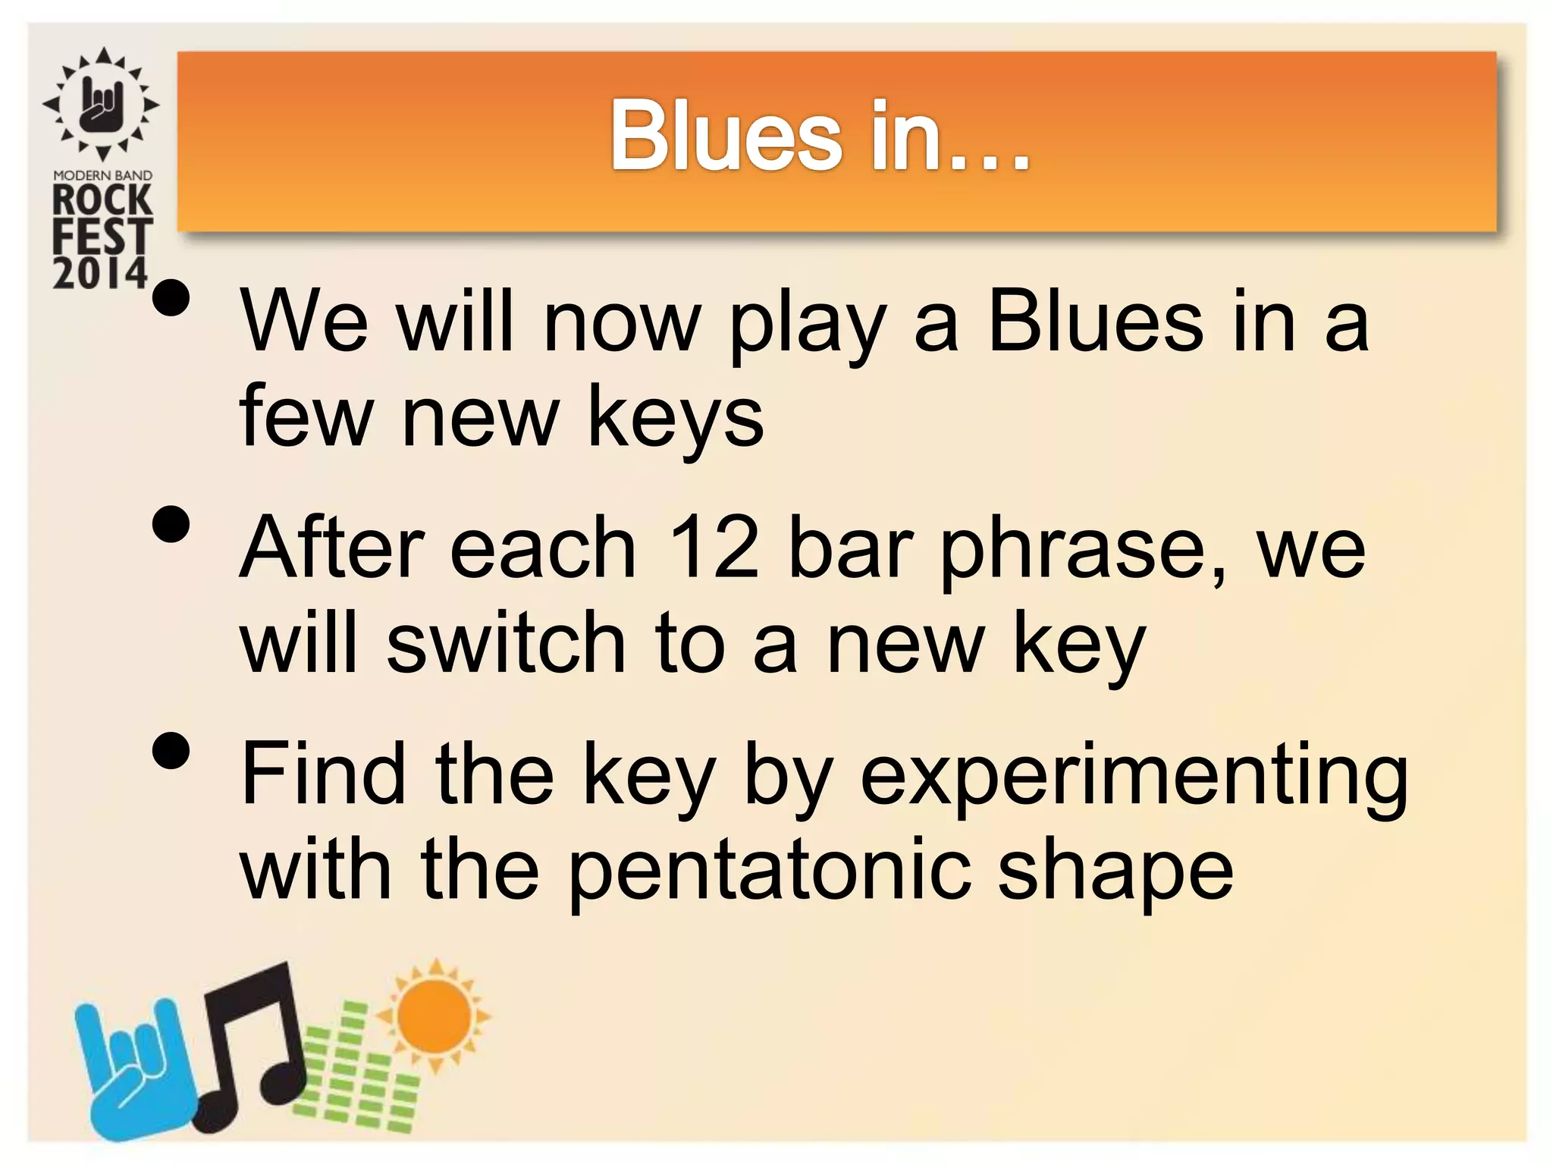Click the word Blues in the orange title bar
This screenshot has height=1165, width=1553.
pos(726,137)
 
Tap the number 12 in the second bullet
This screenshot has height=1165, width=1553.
pos(714,548)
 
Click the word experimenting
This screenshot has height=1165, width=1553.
pos(1134,777)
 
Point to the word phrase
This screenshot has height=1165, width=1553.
pos(1081,551)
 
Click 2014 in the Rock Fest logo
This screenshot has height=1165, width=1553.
pos(100,273)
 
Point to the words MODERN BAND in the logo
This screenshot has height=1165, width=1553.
pos(102,176)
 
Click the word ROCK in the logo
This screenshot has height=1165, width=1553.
pos(102,201)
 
